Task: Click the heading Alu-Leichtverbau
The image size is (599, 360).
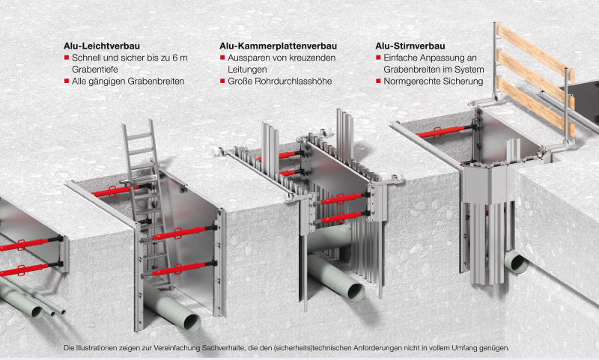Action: click(102, 46)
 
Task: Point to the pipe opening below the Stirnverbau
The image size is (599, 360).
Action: click(516, 262)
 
